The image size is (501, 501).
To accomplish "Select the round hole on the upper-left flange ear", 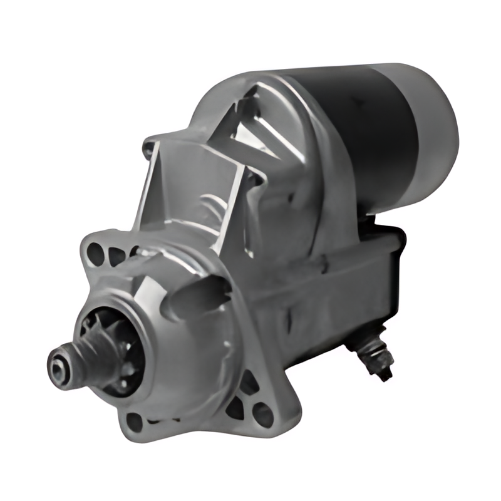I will coord(95,253).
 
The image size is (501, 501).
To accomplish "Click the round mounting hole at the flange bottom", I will coord(135,421).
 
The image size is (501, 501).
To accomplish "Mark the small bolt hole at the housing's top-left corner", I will coord(148,149).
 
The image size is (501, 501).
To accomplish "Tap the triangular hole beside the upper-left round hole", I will coord(116,256).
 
